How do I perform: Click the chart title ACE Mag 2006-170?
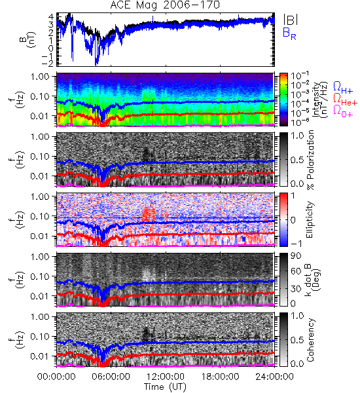click(x=165, y=5)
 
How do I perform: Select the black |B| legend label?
click(x=291, y=19)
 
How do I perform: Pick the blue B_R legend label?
click(x=289, y=33)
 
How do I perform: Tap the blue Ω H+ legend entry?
click(x=343, y=88)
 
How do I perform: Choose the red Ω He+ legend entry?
click(x=345, y=100)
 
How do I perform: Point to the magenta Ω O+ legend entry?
click(x=343, y=111)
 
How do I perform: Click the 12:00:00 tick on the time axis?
click(x=166, y=377)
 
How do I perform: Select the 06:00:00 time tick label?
click(x=111, y=377)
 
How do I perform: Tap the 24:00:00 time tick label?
click(x=274, y=377)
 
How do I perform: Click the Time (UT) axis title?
click(x=165, y=386)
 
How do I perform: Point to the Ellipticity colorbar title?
click(x=310, y=219)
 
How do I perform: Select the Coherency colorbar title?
click(x=310, y=340)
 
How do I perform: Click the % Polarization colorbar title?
click(x=310, y=160)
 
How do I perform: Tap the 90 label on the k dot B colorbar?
click(x=296, y=255)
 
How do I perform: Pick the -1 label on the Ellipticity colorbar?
click(x=296, y=244)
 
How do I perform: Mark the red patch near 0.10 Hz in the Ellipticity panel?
click(x=149, y=214)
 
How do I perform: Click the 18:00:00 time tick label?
click(x=220, y=377)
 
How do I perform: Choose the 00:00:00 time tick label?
click(x=56, y=377)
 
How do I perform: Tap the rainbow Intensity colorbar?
click(x=283, y=100)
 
